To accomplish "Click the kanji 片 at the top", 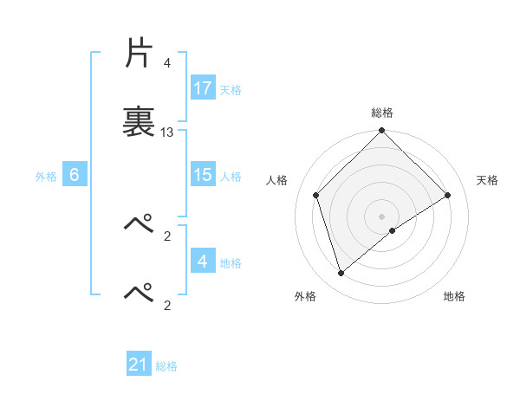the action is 139,54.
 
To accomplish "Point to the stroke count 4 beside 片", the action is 166,63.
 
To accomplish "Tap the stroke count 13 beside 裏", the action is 167,132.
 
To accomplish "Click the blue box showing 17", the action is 203,88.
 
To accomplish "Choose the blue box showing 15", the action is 203,175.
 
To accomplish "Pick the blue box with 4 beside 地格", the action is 203,262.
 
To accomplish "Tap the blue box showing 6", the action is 75,175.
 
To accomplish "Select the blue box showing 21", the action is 139,365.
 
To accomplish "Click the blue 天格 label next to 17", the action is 231,89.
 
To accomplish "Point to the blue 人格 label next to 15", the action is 231,176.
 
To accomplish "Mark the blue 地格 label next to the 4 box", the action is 231,262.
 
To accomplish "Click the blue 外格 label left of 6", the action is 46,176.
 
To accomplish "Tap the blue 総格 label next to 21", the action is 166,366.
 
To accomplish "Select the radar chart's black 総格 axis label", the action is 382,113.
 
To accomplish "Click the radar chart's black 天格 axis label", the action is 488,180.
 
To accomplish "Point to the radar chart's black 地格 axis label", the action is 454,296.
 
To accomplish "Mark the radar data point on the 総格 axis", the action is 382,132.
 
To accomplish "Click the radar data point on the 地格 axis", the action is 393,230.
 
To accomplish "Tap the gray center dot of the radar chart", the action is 382,216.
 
